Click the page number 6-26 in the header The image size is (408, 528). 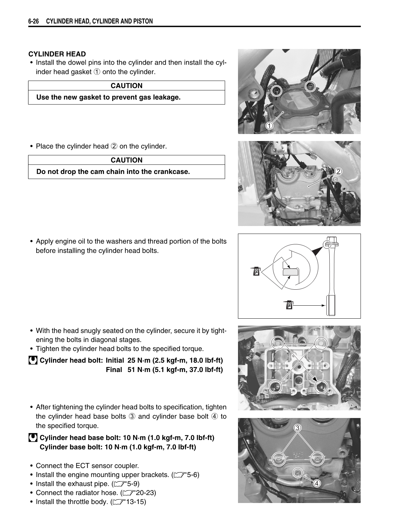(34, 21)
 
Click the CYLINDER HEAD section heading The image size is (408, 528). (57, 54)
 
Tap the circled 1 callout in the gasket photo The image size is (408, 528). (269, 126)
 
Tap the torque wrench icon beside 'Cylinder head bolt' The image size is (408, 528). (33, 360)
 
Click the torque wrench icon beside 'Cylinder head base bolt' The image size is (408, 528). (33, 438)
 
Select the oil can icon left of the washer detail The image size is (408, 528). (256, 271)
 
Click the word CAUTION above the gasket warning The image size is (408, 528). (126, 86)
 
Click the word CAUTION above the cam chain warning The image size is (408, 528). (126, 160)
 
